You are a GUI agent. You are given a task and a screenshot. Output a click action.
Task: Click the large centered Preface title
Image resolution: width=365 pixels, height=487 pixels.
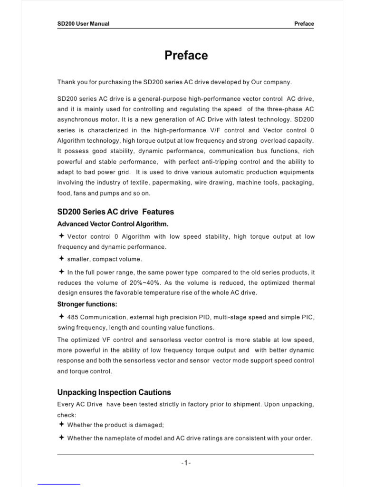[186, 56]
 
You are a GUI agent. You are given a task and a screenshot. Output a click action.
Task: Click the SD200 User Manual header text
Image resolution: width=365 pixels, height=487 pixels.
[83, 24]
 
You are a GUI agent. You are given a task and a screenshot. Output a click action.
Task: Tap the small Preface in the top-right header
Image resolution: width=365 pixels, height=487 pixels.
[304, 24]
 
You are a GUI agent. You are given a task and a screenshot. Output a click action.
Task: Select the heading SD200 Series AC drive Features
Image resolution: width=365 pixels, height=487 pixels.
[115, 212]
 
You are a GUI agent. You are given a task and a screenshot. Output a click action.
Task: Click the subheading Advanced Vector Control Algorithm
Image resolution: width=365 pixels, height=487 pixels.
[113, 224]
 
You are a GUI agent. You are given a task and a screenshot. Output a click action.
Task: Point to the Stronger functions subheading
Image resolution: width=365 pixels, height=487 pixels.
[87, 304]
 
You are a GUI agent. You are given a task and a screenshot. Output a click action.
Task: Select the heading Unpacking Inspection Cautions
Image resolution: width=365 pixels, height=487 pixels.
[114, 392]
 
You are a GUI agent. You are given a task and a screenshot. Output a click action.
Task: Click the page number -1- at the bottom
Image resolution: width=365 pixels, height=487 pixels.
[186, 463]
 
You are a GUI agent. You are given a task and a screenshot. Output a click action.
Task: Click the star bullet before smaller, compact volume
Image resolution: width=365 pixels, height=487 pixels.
[61, 259]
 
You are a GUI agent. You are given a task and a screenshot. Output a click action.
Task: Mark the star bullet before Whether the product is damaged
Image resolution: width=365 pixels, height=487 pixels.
[61, 424]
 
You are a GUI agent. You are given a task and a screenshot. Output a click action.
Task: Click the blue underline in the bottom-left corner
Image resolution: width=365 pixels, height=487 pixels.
[59, 485]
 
